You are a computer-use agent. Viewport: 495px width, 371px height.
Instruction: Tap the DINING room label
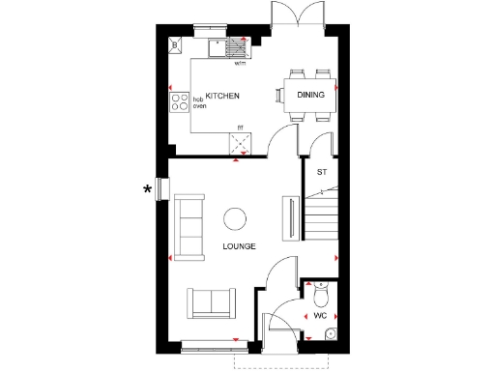pyautogui.click(x=310, y=94)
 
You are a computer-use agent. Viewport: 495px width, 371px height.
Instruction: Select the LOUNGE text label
pyautogui.click(x=239, y=246)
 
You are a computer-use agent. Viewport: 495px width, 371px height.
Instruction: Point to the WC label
pyautogui.click(x=320, y=316)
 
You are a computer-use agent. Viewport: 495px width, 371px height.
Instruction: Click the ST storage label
pyautogui.click(x=321, y=172)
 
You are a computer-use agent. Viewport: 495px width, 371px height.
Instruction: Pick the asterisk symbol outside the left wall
pyautogui.click(x=147, y=188)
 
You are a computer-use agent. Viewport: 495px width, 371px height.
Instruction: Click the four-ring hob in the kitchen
pyautogui.click(x=180, y=100)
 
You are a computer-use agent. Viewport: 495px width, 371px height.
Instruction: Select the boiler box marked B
pyautogui.click(x=174, y=45)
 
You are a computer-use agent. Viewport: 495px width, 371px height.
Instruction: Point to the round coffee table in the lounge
pyautogui.click(x=235, y=218)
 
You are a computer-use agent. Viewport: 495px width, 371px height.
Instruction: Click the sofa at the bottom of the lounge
pyautogui.click(x=212, y=302)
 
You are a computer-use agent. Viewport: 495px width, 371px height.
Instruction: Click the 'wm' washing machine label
pyautogui.click(x=240, y=64)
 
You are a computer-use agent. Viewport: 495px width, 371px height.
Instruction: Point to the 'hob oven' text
pyautogui.click(x=199, y=102)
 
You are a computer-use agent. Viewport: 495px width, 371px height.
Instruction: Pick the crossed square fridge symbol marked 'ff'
pyautogui.click(x=240, y=144)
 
